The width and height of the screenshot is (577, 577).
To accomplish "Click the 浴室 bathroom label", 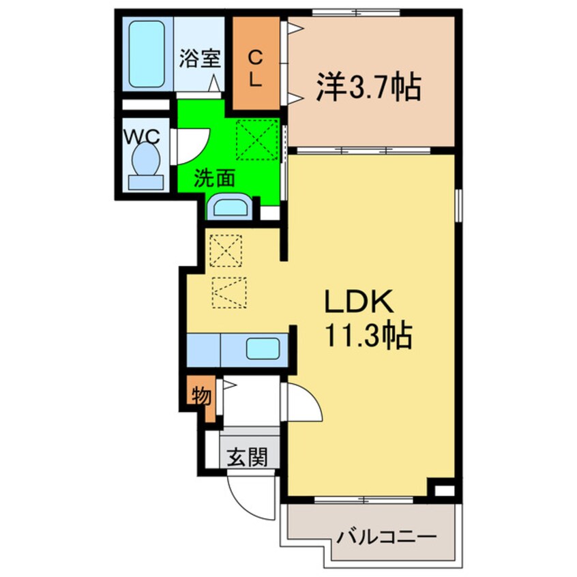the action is [200, 59].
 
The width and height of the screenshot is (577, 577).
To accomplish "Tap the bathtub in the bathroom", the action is [147, 54].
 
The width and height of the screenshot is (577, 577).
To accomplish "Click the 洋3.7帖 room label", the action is [368, 87].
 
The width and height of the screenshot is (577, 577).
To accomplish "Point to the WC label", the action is [142, 138].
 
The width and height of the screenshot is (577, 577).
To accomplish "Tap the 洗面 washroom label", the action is [215, 179].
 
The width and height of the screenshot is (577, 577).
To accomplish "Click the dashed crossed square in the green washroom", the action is [257, 139].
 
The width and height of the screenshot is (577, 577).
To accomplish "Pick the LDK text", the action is [359, 301].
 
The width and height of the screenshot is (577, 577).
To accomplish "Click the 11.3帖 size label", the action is [368, 336].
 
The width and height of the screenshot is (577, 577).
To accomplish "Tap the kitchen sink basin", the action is [263, 349].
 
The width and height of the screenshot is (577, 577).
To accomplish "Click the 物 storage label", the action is [201, 396].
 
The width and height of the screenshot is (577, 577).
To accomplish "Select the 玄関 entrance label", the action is [247, 457].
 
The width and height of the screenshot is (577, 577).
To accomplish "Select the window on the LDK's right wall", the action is [458, 205].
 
